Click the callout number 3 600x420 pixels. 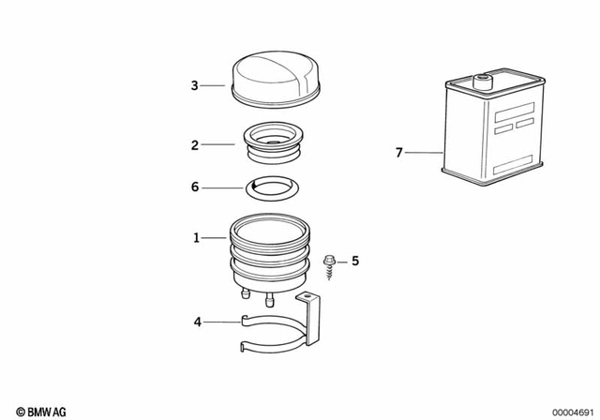[194, 86]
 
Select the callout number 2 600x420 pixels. [194, 145]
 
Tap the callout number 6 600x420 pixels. [195, 187]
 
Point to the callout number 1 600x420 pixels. [196, 239]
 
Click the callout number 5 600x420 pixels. [355, 262]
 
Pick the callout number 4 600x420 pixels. [197, 322]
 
